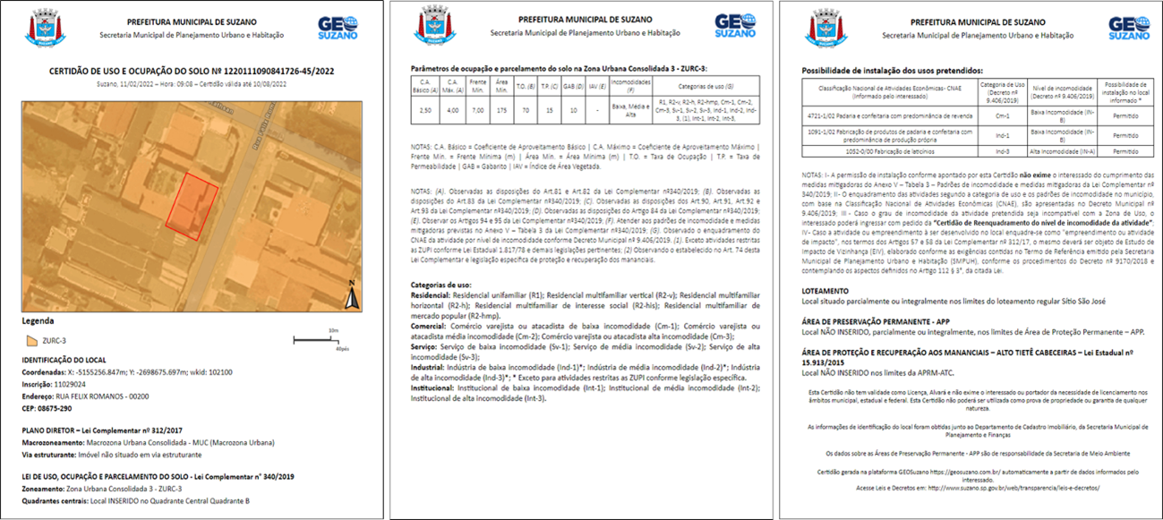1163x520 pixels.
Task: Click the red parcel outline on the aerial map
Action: point(191,207)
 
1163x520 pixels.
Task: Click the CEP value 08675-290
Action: point(55,408)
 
